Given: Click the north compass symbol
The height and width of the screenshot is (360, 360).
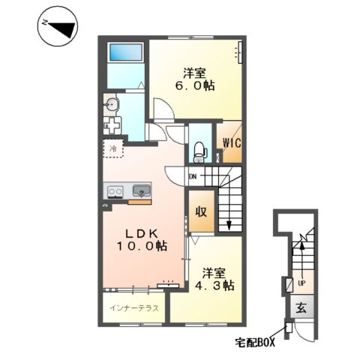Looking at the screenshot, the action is (58, 26).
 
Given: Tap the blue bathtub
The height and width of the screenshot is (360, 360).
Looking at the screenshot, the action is (126, 52).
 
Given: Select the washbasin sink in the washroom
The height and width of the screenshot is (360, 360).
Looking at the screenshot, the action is (112, 104).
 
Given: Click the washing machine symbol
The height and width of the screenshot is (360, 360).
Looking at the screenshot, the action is (112, 126).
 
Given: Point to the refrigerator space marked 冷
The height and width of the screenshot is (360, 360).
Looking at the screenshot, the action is (113, 148).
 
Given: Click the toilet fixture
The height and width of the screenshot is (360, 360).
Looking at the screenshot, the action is (200, 152).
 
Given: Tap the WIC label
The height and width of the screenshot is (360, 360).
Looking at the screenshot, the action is (232, 143).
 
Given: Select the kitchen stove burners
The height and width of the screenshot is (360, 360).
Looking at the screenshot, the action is (115, 192).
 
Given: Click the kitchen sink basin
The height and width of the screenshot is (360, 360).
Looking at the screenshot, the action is (142, 191).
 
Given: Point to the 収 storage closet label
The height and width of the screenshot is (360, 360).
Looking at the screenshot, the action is (201, 211).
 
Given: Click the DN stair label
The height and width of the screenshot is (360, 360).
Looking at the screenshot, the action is (193, 177).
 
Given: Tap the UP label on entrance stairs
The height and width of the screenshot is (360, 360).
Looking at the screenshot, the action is (301, 283).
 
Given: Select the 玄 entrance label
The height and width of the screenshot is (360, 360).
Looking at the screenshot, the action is (301, 307).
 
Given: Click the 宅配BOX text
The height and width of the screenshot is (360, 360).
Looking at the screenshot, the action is (255, 342).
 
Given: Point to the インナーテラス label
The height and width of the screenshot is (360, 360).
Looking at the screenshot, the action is (134, 308).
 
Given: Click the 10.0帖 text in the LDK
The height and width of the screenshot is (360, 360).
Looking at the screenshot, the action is (142, 247).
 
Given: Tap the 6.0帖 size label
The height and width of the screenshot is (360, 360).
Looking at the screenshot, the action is (195, 86).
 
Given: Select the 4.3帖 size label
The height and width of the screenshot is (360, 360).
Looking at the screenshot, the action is (214, 285).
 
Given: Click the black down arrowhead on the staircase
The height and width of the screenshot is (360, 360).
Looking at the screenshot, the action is (229, 225).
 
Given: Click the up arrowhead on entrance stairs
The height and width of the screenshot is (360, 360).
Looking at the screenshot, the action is (302, 246).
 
